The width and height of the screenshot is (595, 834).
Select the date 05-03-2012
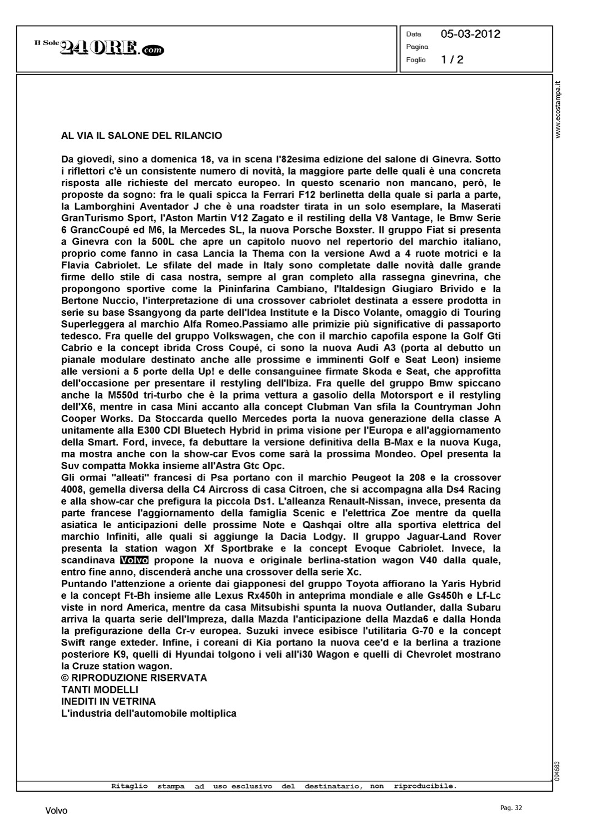pyautogui.click(x=470, y=34)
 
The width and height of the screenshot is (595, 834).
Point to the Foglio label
pyautogui.click(x=416, y=59)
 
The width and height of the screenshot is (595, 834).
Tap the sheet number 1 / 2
pyautogui.click(x=452, y=59)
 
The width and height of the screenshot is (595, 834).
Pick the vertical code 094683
pyautogui.click(x=558, y=770)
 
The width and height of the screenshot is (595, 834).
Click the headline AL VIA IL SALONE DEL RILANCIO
pyautogui.click(x=141, y=136)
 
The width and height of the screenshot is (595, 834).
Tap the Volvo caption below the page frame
pyautogui.click(x=56, y=811)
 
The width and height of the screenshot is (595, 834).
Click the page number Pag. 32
pyautogui.click(x=511, y=808)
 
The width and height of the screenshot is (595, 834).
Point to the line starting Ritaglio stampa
pyautogui.click(x=284, y=786)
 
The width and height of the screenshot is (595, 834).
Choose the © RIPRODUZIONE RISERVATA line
pyautogui.click(x=134, y=678)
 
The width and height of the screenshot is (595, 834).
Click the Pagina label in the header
pyautogui.click(x=417, y=47)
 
